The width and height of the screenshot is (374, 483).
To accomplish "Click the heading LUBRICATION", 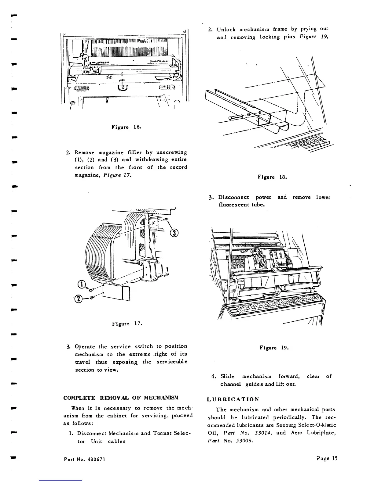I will pyautogui.click(x=233, y=399).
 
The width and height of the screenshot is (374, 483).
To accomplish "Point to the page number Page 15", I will pyautogui.click(x=327, y=458).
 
